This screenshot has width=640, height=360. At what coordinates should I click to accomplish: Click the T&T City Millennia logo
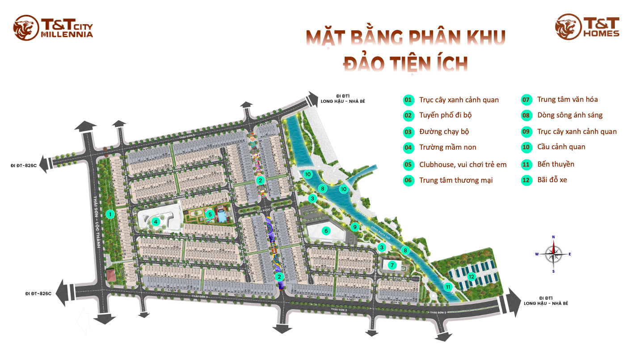click(x=53, y=28)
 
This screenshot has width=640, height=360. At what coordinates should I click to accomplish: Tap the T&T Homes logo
click(x=587, y=27)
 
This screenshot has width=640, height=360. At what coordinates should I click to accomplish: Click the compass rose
click(x=553, y=253)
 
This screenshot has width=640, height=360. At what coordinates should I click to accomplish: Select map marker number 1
click(x=109, y=214)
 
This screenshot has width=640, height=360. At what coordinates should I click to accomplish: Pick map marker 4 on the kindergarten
click(x=156, y=222)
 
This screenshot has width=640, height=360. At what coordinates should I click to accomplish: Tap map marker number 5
click(x=210, y=214)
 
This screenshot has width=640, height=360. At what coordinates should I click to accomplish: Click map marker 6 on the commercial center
click(x=326, y=231)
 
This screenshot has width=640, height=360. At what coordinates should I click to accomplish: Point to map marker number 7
click(x=392, y=265)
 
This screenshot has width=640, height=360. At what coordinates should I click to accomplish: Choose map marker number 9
click(x=354, y=226)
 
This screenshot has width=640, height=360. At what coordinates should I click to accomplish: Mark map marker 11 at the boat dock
click(x=448, y=287)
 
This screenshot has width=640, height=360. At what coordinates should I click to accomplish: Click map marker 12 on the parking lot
click(x=471, y=276)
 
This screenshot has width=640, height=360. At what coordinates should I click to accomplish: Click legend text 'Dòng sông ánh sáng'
click(x=569, y=115)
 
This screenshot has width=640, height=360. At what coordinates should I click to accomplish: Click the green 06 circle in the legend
click(x=408, y=180)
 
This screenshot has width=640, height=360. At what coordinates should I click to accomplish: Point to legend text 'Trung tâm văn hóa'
click(x=567, y=100)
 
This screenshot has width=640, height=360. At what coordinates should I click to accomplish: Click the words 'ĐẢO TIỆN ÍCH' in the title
click(x=405, y=64)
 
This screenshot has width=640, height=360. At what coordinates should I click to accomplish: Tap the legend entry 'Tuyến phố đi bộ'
click(x=445, y=115)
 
